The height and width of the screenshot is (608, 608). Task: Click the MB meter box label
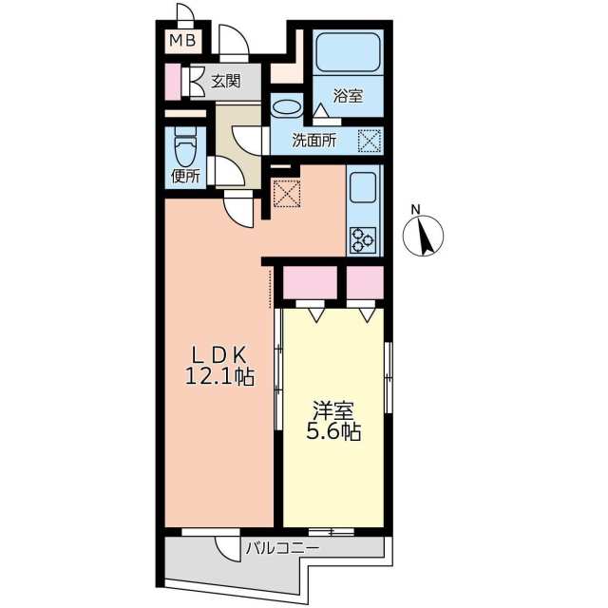pyautogui.click(x=183, y=40)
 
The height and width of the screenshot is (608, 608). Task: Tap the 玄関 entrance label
pyautogui.click(x=226, y=82)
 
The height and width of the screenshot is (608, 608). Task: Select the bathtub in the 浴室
pyautogui.click(x=348, y=52)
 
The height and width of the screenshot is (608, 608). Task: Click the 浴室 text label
pyautogui.click(x=348, y=95)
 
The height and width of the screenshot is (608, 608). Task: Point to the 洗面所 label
pyautogui.click(x=314, y=141)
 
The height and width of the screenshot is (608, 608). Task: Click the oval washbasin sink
pyautogui.click(x=287, y=107)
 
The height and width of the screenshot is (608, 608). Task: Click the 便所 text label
pyautogui.click(x=186, y=177)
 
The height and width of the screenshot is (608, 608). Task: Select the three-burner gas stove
pyautogui.click(x=363, y=240)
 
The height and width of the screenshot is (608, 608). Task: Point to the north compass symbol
pyautogui.click(x=423, y=237)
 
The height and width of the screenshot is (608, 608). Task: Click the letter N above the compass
pyautogui.click(x=416, y=210)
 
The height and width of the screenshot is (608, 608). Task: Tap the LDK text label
pyautogui.click(x=219, y=354)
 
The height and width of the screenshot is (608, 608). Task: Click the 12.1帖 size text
pyautogui.click(x=219, y=376)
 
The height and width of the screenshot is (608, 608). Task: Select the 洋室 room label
pyautogui.click(x=333, y=410)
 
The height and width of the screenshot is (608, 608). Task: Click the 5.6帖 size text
pyautogui.click(x=333, y=431)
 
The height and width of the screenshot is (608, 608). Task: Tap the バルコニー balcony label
pyautogui.click(x=283, y=548)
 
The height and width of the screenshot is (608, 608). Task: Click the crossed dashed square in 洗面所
pyautogui.click(x=370, y=142)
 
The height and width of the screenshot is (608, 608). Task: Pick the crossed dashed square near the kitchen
pyautogui.click(x=287, y=193)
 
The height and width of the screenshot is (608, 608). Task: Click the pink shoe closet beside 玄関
pyautogui.click(x=173, y=82)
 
